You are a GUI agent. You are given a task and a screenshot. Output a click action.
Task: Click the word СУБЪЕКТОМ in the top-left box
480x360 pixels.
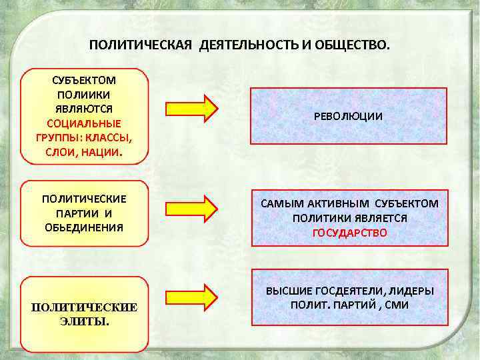coord(83,81)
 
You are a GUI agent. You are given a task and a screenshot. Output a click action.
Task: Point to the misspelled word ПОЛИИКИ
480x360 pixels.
coord(84,95)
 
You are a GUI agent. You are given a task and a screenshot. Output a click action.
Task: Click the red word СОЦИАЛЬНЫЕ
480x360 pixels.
coord(84,123)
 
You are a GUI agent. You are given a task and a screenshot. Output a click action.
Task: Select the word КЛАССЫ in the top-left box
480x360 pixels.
coord(109,137)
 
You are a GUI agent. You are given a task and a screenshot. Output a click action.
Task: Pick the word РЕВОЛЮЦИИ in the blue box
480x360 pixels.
coord(348,116)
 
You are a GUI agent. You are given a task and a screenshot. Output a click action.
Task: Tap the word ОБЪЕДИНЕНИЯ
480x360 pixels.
coord(84,227)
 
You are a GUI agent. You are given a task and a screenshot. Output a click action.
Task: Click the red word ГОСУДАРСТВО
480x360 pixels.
coord(349,233)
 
